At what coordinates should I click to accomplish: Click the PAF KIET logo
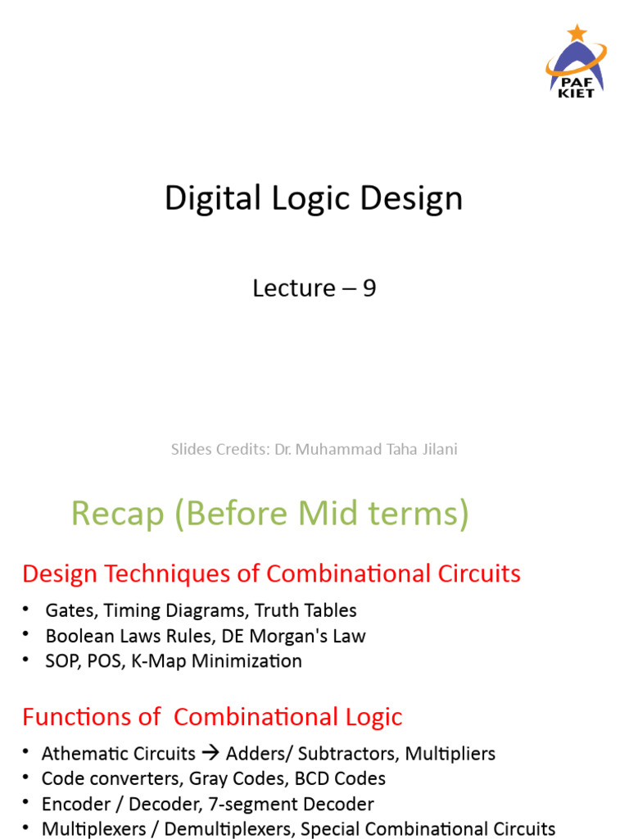[x=577, y=62]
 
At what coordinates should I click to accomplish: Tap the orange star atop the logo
[x=577, y=33]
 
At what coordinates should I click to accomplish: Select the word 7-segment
[x=264, y=804]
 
